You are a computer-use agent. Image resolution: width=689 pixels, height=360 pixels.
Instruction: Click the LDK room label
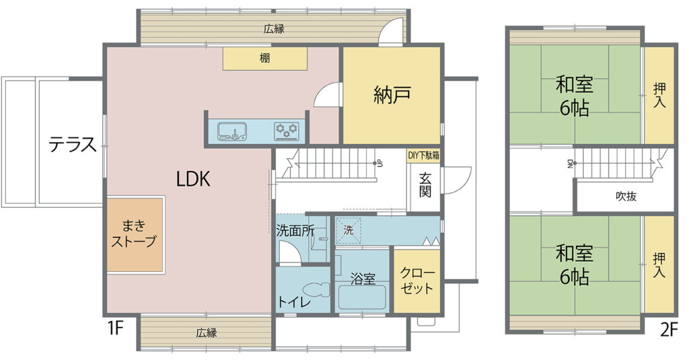coord(193,179)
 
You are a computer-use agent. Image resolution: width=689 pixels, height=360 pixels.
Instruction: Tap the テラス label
coord(73,145)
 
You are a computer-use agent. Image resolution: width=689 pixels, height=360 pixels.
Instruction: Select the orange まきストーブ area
coord(135,235)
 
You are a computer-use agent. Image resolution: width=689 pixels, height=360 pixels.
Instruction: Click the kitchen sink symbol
coord(233,131)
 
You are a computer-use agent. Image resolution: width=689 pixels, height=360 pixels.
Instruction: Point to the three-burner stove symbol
coord(287,131)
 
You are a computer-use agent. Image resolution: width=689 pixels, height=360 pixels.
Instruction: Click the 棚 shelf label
coord(264,58)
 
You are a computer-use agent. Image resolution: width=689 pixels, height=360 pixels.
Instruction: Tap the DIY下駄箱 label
coord(424,155)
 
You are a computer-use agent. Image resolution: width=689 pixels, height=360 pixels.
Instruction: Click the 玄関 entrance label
coord(425,184)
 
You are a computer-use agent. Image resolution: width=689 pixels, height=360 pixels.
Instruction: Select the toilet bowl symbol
coord(316,289)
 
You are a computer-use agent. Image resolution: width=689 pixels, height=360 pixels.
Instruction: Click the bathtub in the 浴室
coord(362,297)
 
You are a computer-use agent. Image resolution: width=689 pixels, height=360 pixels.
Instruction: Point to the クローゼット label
coord(417,281)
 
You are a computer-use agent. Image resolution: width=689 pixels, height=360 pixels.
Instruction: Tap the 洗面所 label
coord(295,231)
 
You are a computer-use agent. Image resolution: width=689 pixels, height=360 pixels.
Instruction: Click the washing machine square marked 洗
coord(349,230)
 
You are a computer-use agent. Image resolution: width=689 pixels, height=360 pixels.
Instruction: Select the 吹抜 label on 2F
coord(626,196)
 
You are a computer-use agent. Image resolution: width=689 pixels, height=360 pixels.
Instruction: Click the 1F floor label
coord(116,328)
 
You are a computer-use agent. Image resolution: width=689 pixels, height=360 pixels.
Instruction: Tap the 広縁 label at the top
coord(274,30)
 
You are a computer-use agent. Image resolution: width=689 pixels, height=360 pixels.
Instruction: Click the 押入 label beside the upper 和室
coord(659,96)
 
